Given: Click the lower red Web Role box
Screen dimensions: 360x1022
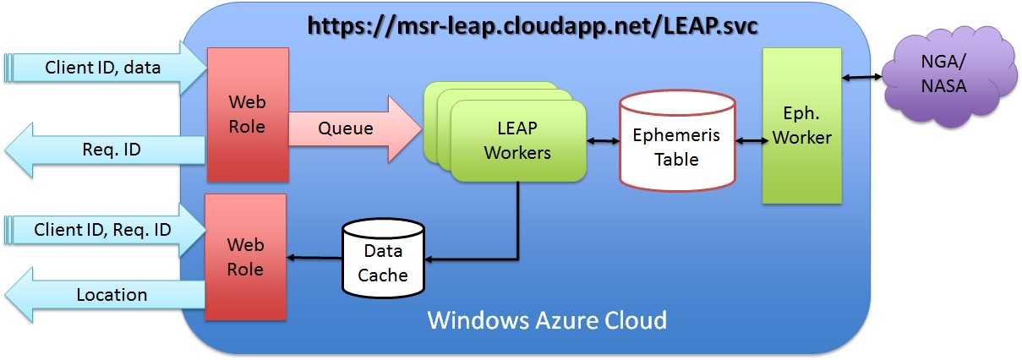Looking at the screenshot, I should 247,257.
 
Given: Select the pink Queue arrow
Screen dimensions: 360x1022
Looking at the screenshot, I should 355,129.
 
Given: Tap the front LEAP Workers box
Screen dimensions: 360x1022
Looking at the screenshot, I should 518,141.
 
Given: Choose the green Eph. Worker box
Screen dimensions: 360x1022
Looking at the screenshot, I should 801,125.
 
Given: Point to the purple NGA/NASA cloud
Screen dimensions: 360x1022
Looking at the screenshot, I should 945,74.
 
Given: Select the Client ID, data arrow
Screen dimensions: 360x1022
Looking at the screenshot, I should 106,68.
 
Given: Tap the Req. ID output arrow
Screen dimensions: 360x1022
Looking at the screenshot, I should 106,150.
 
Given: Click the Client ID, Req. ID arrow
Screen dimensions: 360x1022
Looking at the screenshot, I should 106,229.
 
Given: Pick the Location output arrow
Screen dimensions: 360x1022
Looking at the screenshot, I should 106,295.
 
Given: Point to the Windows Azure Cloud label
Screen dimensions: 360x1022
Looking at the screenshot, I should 547,321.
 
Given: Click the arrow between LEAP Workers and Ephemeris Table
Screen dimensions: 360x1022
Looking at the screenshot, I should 603,141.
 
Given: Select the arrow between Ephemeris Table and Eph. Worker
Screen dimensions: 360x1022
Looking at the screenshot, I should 749,140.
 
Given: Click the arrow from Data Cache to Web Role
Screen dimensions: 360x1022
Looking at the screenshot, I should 315,258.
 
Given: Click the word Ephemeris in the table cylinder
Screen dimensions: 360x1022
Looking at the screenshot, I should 676,134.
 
